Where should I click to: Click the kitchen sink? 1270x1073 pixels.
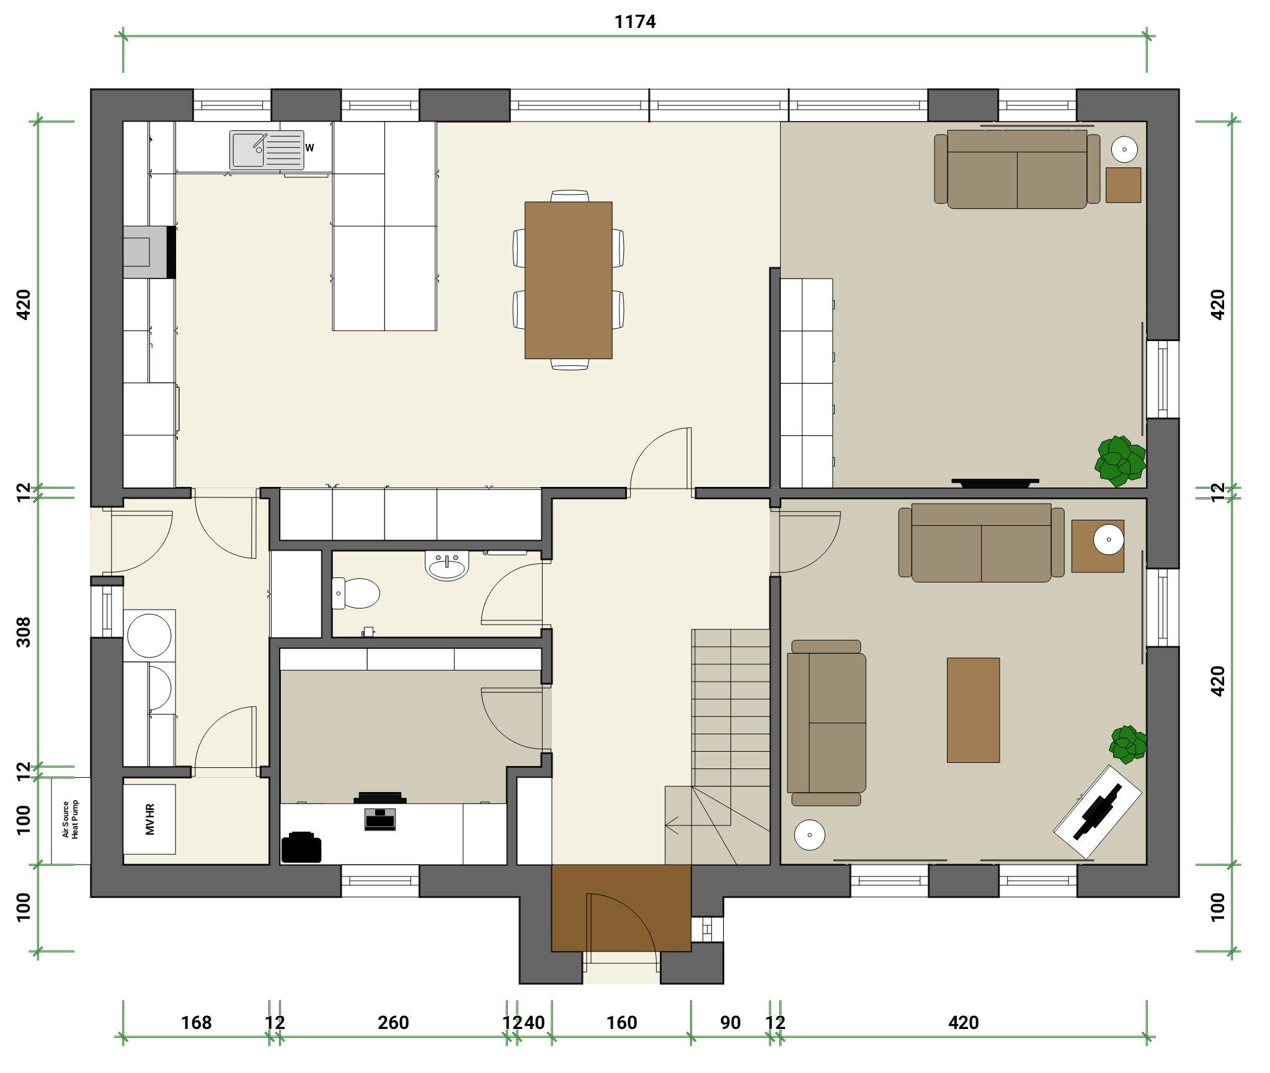(x=267, y=149)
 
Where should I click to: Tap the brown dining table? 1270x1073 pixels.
(x=568, y=280)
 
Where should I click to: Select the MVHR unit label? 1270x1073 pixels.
(x=149, y=819)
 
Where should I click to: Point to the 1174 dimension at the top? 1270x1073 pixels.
(x=635, y=22)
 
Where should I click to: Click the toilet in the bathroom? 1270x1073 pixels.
(x=355, y=594)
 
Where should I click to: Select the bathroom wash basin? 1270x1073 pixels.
(x=446, y=566)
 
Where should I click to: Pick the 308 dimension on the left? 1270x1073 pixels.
(x=24, y=631)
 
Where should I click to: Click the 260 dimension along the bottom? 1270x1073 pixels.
(x=393, y=1022)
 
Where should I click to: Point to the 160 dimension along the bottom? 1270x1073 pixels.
(x=621, y=1022)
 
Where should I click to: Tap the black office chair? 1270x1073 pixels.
(x=301, y=847)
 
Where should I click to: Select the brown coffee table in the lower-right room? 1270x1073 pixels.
(x=973, y=710)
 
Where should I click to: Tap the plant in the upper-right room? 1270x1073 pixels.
(x=1120, y=461)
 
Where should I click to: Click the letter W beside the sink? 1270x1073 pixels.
(x=309, y=148)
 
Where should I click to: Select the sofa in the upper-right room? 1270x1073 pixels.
(x=1017, y=168)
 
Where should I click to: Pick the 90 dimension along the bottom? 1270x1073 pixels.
(x=730, y=1022)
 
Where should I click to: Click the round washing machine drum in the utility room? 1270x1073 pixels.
(x=149, y=636)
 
